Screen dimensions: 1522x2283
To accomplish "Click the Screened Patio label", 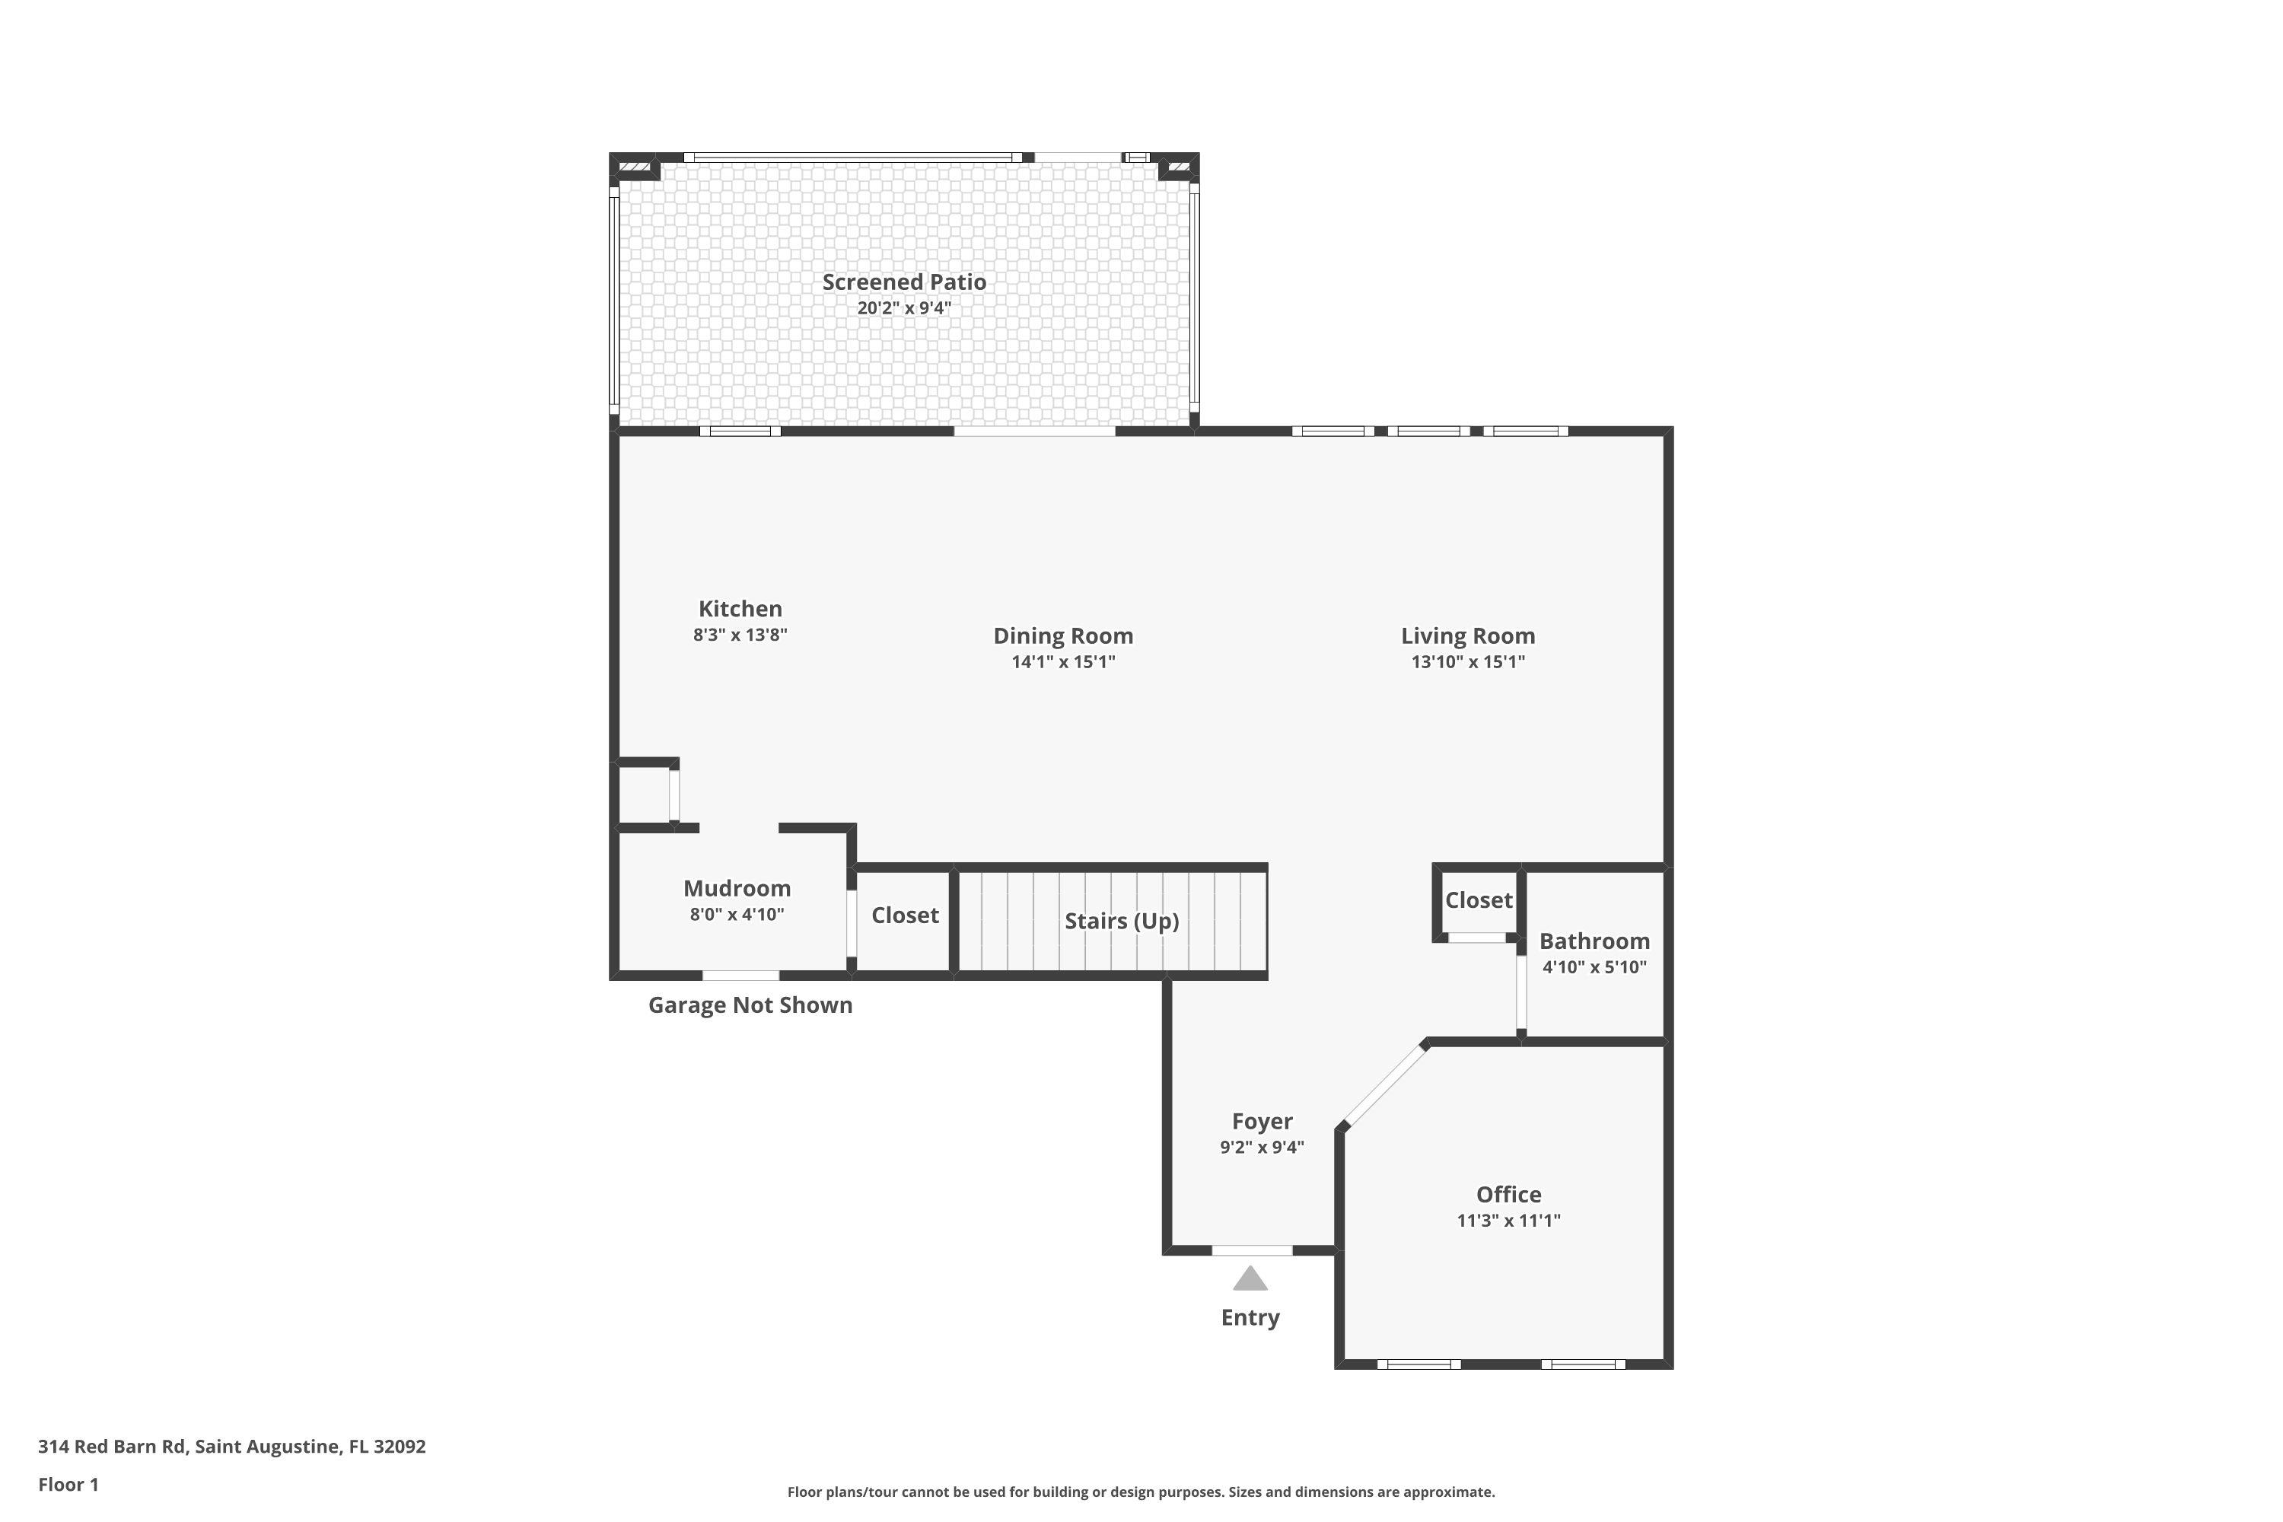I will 904,282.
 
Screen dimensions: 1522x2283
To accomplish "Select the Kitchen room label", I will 740,609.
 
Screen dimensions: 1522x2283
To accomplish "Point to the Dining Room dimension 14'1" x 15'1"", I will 1063,662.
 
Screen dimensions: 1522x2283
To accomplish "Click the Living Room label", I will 1468,635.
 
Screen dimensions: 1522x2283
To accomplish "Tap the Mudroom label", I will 737,888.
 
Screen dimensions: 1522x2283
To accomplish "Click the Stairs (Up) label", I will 1121,920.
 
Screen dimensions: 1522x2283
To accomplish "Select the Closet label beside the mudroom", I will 905,915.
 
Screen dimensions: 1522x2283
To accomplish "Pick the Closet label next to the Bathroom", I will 1479,900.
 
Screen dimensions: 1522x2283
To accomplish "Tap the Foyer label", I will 1262,1121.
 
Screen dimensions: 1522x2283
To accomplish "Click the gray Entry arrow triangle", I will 1250,1279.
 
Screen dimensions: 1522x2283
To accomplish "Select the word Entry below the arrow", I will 1250,1317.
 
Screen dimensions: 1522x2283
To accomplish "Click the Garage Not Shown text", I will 750,1005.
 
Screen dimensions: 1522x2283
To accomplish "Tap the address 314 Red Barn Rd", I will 231,1447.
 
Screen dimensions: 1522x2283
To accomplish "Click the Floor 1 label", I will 68,1484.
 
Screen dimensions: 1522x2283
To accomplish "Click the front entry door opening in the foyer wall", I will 1252,1250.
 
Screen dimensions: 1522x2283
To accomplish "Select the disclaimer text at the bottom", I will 1141,1492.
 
